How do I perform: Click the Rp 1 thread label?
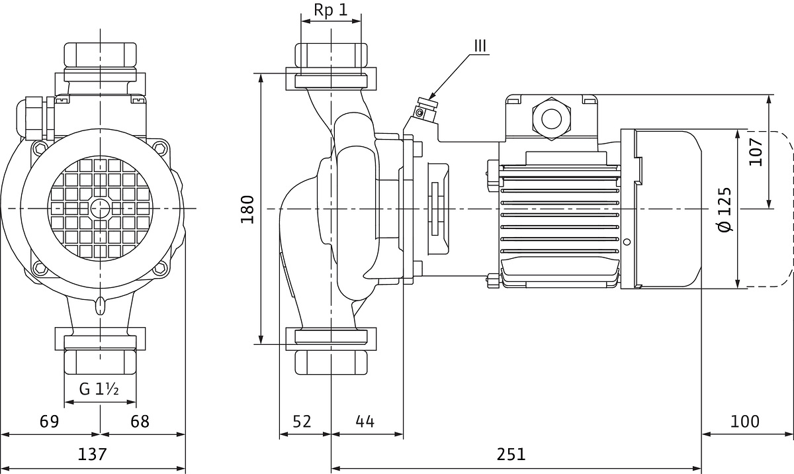[x=330, y=11]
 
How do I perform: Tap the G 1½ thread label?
[x=99, y=389]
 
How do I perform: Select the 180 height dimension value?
[x=247, y=209]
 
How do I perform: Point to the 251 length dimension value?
[x=511, y=454]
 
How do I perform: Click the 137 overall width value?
[x=92, y=454]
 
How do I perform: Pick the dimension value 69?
[x=49, y=422]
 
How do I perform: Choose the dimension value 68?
[x=140, y=422]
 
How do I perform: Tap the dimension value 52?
[x=302, y=422]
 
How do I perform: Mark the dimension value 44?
[x=365, y=422]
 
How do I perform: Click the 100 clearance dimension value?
[x=745, y=422]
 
